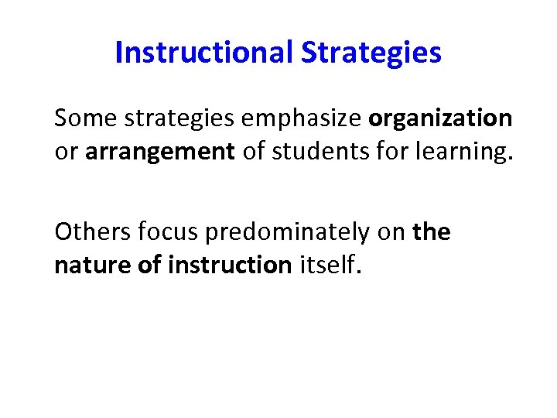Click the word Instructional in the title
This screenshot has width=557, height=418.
point(203,53)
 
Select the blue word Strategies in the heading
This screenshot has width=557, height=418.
point(371,53)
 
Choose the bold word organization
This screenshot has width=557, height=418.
point(440,118)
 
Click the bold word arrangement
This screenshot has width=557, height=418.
point(160,152)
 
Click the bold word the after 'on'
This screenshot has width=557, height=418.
point(432,231)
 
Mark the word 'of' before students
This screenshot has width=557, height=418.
point(253,152)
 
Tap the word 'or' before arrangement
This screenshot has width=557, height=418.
point(67,152)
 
